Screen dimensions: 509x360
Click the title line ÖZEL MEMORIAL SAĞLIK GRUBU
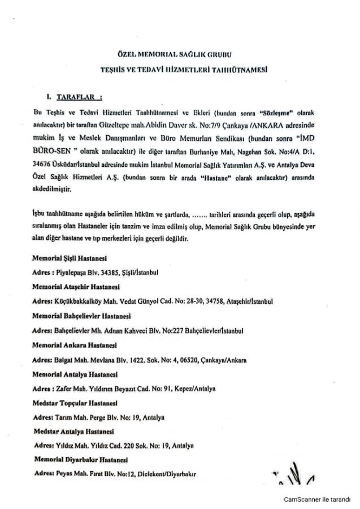(180, 54)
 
